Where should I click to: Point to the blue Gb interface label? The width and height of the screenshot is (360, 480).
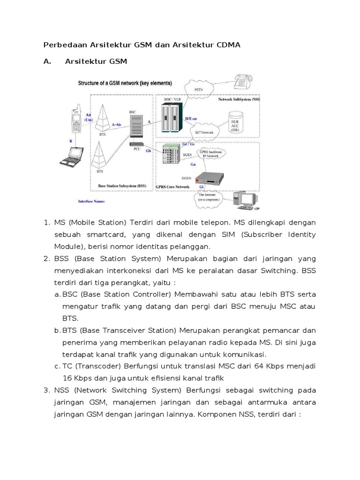149,151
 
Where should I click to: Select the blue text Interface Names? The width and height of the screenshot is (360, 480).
91,202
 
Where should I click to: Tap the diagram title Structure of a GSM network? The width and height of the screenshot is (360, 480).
125,83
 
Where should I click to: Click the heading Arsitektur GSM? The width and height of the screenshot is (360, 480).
96,61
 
